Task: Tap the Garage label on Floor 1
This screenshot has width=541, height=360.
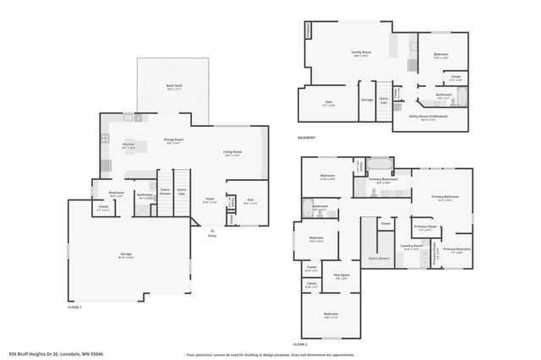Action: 124,254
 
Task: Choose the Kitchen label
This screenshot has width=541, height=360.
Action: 128,145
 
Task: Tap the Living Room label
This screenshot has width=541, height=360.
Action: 232,153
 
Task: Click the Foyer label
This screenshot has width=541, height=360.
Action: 210,201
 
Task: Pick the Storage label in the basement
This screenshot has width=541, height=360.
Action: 367,100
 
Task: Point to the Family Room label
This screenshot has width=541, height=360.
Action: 361,52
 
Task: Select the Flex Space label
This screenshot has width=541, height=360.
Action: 341,275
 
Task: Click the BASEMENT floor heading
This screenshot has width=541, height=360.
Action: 307,138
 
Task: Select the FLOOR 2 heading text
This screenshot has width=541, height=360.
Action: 300,345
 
